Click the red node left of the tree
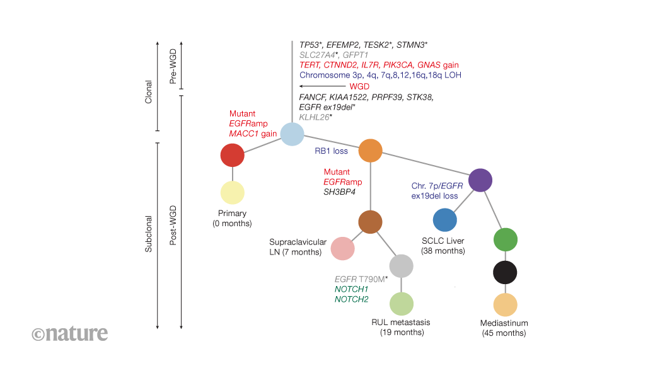pos(233,155)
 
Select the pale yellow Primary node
pos(233,193)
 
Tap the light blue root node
pos(292,134)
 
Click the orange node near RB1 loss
pos(371,151)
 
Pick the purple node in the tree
pos(480,180)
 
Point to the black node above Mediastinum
pos(505,272)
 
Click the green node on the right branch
pos(505,239)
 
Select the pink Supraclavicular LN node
pos(342,248)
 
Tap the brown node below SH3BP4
pos(370,222)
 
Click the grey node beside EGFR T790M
pos(402,266)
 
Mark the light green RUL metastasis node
pos(402,304)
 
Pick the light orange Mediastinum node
pos(505,305)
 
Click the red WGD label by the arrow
pos(359,86)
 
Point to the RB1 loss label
pos(331,151)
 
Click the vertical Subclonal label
pos(149,234)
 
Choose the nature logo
pos(69,333)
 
